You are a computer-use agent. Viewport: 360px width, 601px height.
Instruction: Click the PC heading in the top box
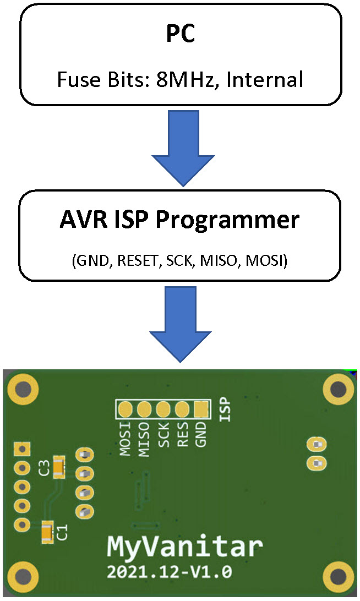coord(181,35)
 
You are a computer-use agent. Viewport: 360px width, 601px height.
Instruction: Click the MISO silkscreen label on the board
coord(144,438)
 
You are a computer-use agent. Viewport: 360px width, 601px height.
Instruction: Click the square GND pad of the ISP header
coord(201,409)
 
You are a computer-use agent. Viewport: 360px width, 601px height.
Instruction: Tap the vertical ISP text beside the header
coord(223,409)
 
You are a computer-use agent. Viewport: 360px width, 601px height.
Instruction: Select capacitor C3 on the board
coord(58,467)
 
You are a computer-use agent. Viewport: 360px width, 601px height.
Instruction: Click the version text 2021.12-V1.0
coord(169,572)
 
